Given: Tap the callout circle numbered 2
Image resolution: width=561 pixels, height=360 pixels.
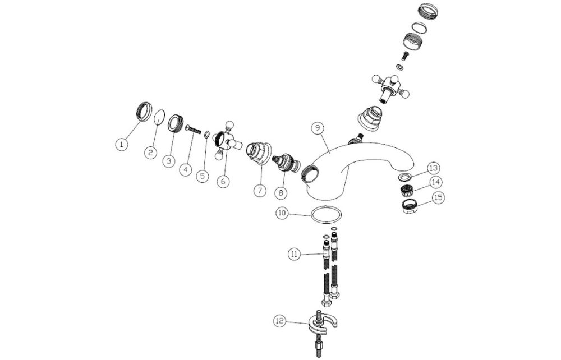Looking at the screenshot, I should point(150,151).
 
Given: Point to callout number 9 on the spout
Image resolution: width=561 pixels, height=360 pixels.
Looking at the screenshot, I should point(318,128).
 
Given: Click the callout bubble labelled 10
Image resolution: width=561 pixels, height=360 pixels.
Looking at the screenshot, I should point(282,213).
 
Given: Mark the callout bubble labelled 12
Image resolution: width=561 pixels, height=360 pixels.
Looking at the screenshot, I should point(280,321).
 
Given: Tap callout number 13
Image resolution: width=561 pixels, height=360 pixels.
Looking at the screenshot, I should point(434,168).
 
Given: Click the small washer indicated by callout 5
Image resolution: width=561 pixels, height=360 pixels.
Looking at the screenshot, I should point(208,135).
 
